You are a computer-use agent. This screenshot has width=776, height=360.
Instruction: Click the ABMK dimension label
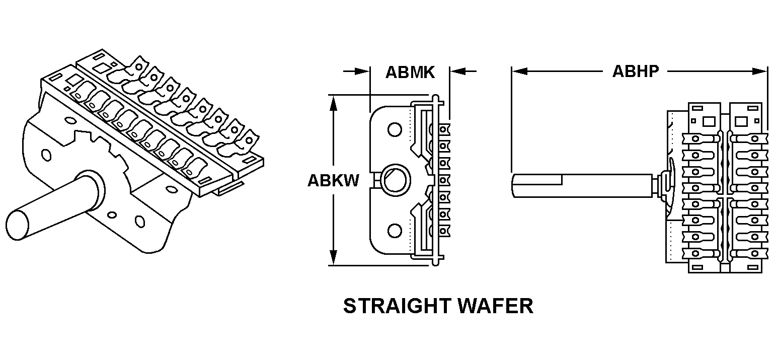pos(410,72)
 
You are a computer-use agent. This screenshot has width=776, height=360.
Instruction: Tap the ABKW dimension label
pos(333,180)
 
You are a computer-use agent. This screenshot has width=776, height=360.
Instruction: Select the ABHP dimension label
pos(635,71)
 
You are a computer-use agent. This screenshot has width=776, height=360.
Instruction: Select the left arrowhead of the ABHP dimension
pos(518,71)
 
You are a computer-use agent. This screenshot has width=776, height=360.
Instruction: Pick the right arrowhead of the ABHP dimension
pos(760,71)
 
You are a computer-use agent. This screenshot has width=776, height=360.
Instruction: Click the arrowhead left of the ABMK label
pos(362,71)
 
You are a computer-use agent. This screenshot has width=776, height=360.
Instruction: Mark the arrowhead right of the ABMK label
pos(457,71)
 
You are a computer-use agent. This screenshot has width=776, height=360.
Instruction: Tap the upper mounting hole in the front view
pos(395,130)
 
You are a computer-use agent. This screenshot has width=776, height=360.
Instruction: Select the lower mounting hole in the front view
pos(395,231)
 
